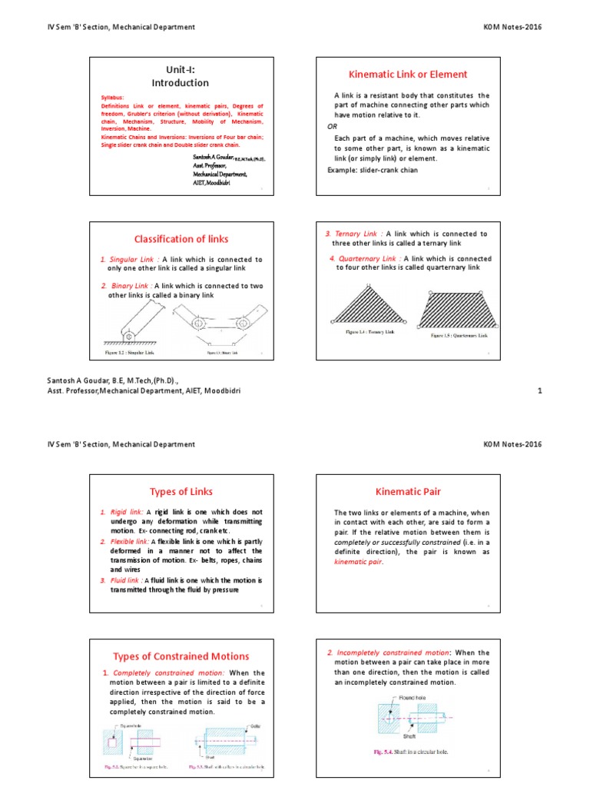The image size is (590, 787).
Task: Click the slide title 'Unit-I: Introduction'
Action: pyautogui.click(x=179, y=76)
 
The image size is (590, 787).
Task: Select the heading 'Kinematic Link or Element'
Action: pyautogui.click(x=408, y=75)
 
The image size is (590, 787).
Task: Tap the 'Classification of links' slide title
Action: pyautogui.click(x=182, y=239)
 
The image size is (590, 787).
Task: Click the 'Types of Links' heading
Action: pyautogui.click(x=181, y=491)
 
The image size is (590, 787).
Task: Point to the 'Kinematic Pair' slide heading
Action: pyautogui.click(x=408, y=490)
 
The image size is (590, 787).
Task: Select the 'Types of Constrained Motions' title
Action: pyautogui.click(x=181, y=656)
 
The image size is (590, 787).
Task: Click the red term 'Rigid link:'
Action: pyautogui.click(x=128, y=511)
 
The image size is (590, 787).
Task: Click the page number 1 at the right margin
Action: pyautogui.click(x=539, y=391)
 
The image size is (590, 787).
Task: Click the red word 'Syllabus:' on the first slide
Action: pyautogui.click(x=111, y=98)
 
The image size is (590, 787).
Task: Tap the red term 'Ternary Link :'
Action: pyautogui.click(x=356, y=234)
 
